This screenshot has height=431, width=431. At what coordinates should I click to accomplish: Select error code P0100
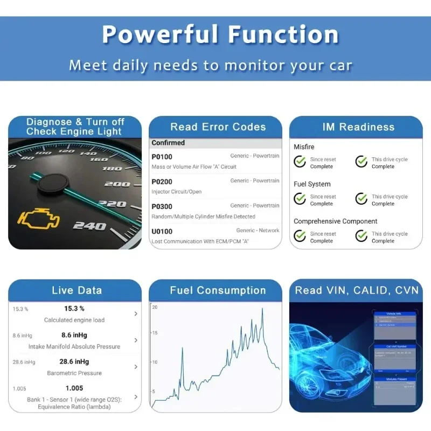point(162,157)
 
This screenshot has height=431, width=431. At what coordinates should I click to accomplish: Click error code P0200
point(162,182)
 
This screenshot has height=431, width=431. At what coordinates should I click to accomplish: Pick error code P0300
point(162,206)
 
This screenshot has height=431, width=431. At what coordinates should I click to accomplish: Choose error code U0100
point(162,231)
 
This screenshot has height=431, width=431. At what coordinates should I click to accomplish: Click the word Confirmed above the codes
point(168,143)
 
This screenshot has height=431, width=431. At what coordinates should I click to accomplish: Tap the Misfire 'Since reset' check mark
point(300,162)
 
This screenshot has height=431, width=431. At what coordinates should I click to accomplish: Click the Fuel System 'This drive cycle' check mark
point(362,199)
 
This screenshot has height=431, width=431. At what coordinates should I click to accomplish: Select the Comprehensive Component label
point(335,221)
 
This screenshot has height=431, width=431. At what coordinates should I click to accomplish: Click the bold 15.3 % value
point(74,309)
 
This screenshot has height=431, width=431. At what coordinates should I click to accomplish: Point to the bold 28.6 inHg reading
point(74,362)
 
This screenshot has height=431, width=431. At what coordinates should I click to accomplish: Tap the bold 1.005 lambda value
point(74,388)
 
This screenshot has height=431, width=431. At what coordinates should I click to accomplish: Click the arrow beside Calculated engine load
point(136,314)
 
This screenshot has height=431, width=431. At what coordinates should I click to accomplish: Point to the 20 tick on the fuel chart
point(155,307)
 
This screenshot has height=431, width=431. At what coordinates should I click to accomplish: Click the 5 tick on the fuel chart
point(155,391)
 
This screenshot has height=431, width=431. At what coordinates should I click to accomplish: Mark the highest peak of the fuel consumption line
point(262,309)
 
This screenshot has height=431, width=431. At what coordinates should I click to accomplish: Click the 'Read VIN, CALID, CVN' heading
point(356,291)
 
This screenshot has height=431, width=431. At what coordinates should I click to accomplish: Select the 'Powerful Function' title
point(220,34)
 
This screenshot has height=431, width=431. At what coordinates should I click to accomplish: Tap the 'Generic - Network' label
point(258,231)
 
